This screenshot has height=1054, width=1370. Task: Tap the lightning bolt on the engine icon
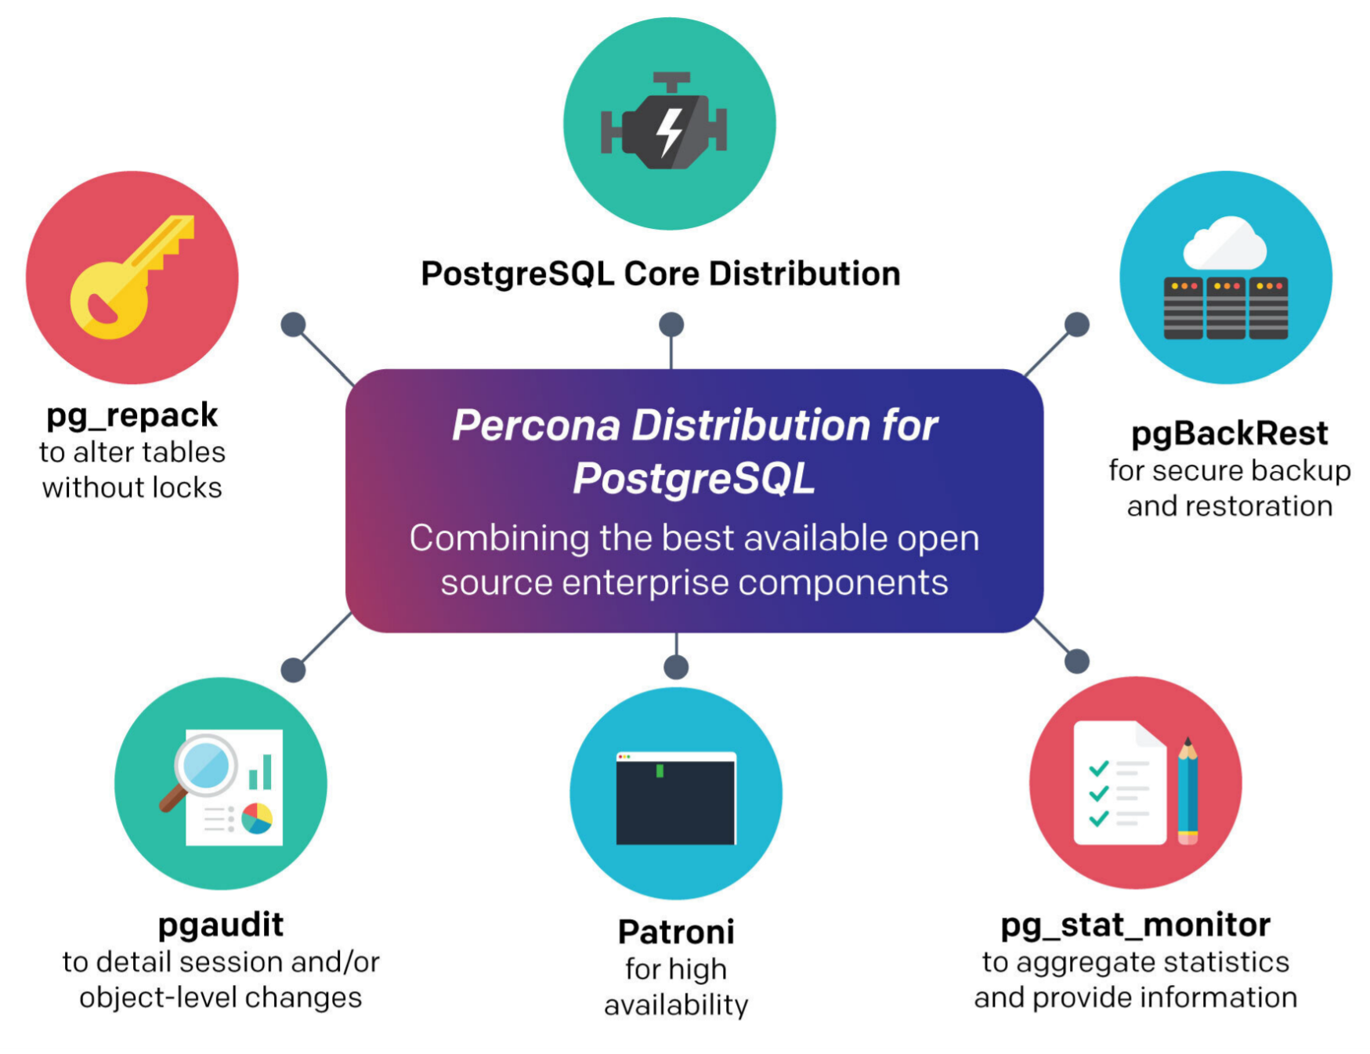click(x=670, y=132)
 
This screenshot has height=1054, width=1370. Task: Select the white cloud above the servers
click(x=1224, y=244)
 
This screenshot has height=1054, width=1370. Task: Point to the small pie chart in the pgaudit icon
click(x=257, y=818)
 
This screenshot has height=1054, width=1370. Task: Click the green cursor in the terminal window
click(x=660, y=771)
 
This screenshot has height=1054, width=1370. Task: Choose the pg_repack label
click(x=132, y=415)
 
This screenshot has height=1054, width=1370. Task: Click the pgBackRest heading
click(x=1229, y=433)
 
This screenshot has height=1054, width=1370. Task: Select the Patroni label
click(x=676, y=932)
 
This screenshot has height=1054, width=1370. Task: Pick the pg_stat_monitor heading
click(x=1135, y=925)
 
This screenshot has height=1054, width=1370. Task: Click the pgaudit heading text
click(x=221, y=925)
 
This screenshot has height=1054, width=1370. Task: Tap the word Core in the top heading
click(x=661, y=273)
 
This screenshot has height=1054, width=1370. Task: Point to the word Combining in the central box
click(x=499, y=539)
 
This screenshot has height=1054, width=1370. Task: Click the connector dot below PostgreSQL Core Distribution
click(x=671, y=324)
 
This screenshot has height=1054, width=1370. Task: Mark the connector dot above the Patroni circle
click(x=676, y=667)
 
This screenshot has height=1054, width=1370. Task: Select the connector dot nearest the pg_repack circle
click(x=293, y=324)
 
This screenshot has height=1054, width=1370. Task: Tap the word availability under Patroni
click(x=676, y=1005)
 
